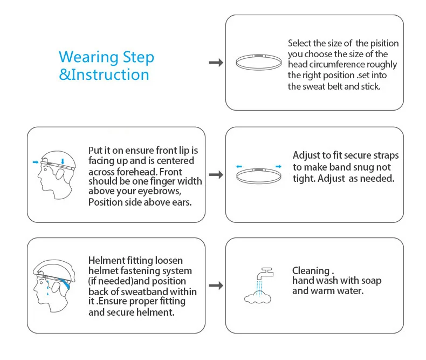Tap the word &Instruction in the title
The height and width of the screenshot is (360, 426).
click(x=104, y=74)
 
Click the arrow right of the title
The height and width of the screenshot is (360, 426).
click(x=216, y=63)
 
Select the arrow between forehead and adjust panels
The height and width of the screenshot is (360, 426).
click(x=216, y=175)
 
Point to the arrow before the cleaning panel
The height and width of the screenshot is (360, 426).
click(x=216, y=285)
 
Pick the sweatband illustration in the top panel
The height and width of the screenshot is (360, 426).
click(x=258, y=61)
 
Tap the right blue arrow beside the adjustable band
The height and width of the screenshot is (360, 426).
click(x=278, y=166)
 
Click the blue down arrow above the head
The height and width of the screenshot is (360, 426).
click(x=63, y=160)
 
